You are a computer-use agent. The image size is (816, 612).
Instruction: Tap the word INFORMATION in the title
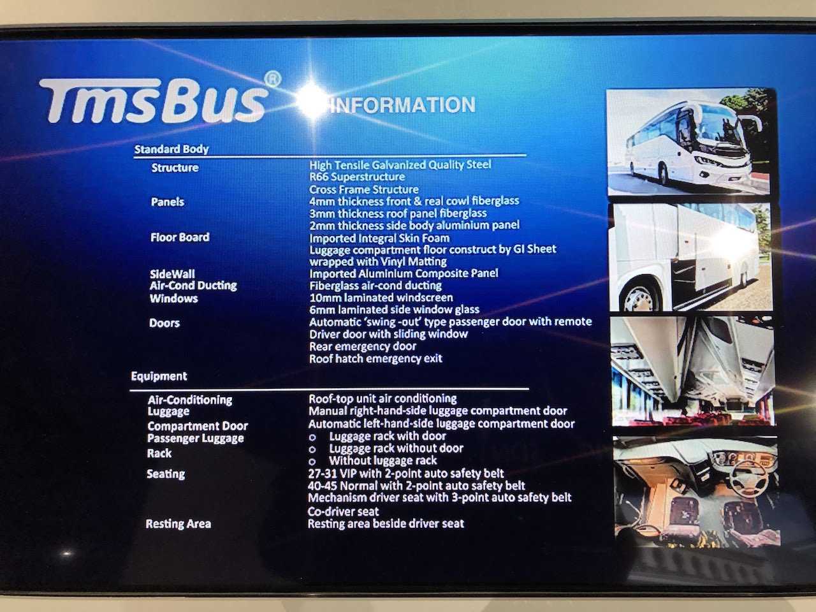click(403, 105)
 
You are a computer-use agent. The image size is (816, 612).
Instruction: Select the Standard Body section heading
click(171, 149)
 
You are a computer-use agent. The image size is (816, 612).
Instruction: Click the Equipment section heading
click(159, 376)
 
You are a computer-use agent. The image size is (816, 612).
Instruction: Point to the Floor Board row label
click(180, 237)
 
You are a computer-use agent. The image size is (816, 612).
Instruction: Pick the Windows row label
click(173, 298)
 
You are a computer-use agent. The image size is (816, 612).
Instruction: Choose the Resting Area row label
click(178, 524)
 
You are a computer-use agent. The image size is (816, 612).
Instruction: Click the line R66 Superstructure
click(357, 177)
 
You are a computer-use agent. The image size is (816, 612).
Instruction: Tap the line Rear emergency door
click(363, 346)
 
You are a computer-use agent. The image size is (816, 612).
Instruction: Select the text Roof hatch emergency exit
click(375, 358)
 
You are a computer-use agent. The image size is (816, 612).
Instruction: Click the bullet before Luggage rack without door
click(312, 450)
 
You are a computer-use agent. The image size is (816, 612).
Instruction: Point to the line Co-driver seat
click(343, 512)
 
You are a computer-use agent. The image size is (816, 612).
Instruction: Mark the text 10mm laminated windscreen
click(381, 298)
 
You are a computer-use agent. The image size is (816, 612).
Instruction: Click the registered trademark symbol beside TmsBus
click(272, 80)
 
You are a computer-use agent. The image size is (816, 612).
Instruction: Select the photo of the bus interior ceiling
click(692, 371)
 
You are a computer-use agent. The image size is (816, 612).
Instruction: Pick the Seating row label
click(165, 474)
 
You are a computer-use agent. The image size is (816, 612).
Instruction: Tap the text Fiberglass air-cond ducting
click(375, 286)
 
